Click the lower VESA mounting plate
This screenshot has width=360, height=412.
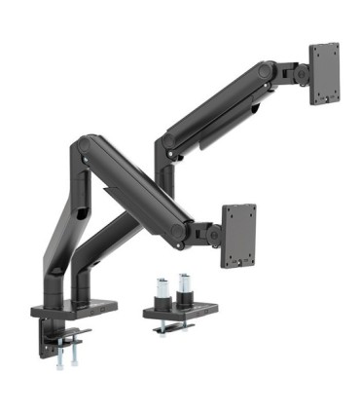[x=239, y=235]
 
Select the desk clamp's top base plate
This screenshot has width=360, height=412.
[x=73, y=310]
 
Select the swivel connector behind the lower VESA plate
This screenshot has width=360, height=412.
[x=208, y=234]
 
